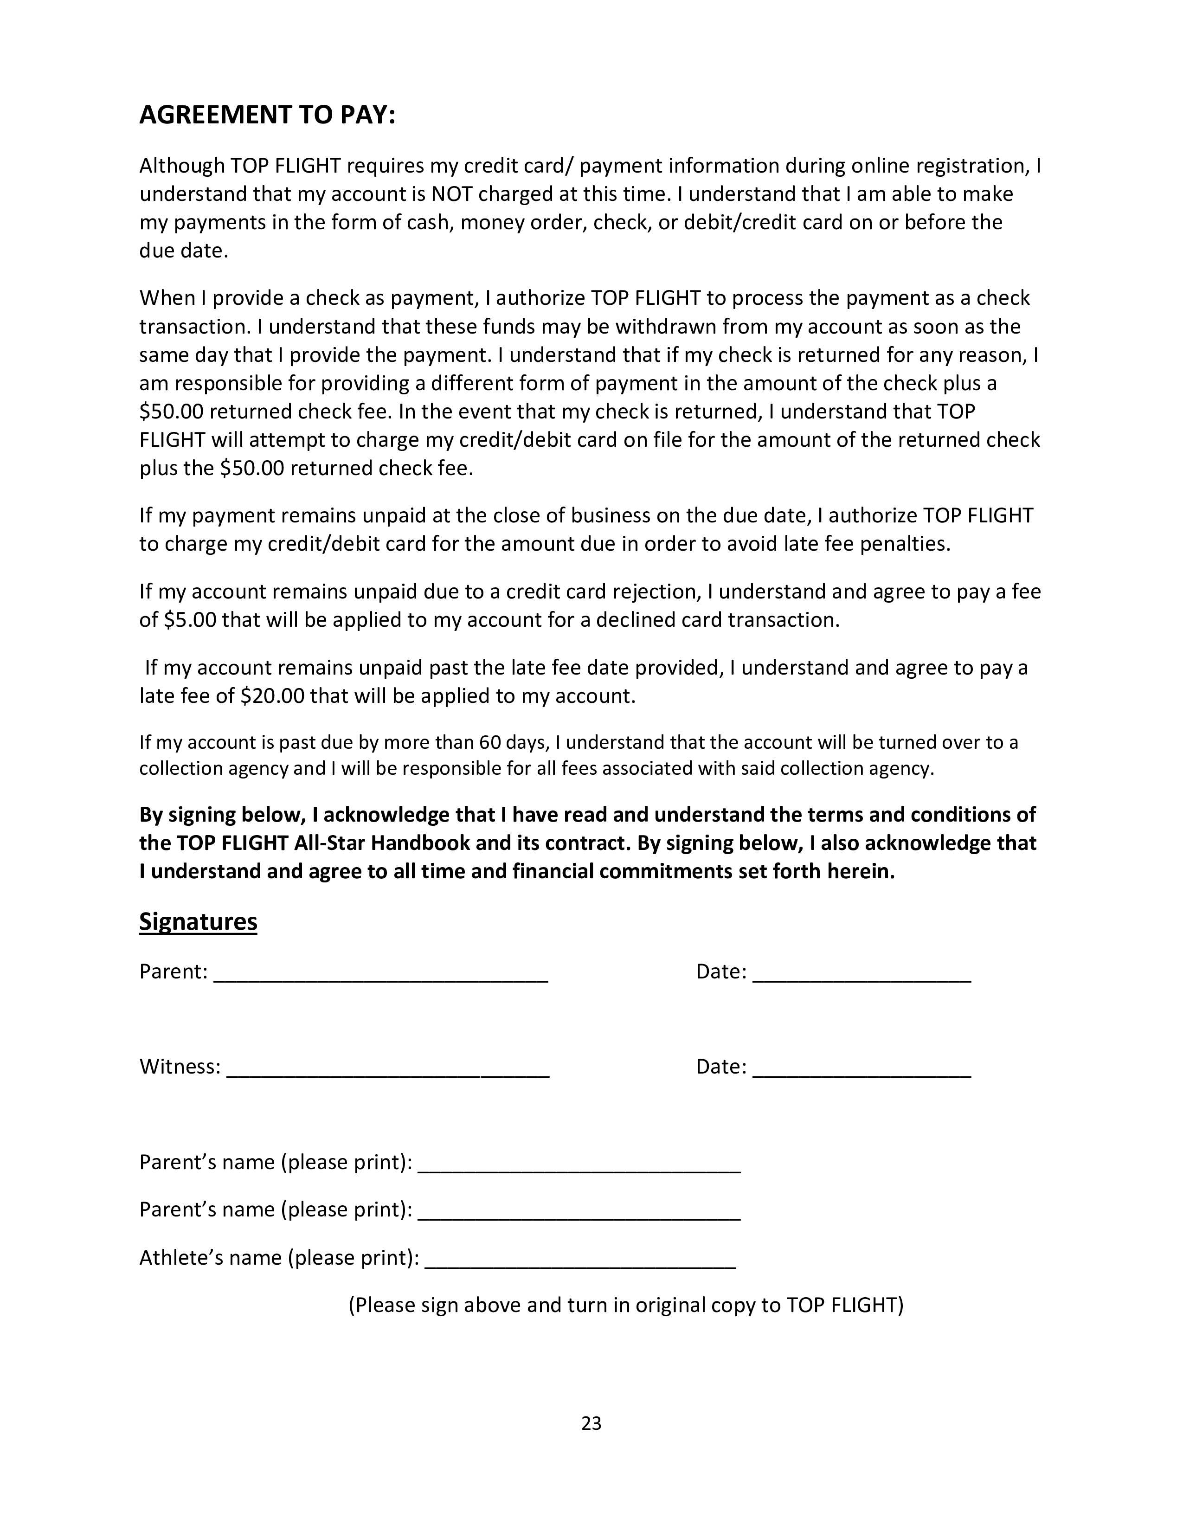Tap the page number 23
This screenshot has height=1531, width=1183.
tap(591, 1423)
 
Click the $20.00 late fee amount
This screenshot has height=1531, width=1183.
tap(272, 696)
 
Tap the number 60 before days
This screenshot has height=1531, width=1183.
tap(489, 742)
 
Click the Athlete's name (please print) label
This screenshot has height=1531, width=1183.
tap(279, 1258)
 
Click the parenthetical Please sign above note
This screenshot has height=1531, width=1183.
tap(626, 1305)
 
